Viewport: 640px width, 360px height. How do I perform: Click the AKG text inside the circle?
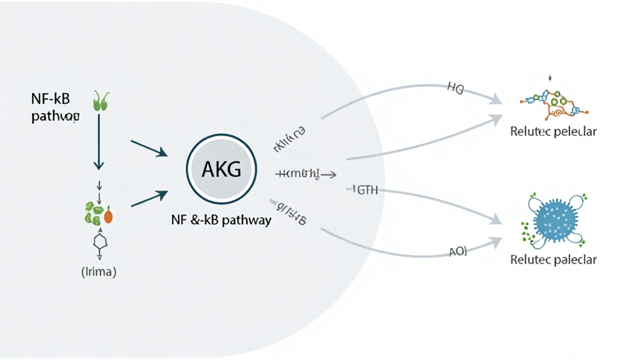(222, 169)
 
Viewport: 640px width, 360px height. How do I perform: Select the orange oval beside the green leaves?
(108, 216)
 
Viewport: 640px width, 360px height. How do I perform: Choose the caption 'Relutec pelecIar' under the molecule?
(553, 132)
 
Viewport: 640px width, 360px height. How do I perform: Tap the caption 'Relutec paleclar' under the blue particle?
(553, 259)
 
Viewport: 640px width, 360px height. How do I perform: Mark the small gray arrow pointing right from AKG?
(306, 175)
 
